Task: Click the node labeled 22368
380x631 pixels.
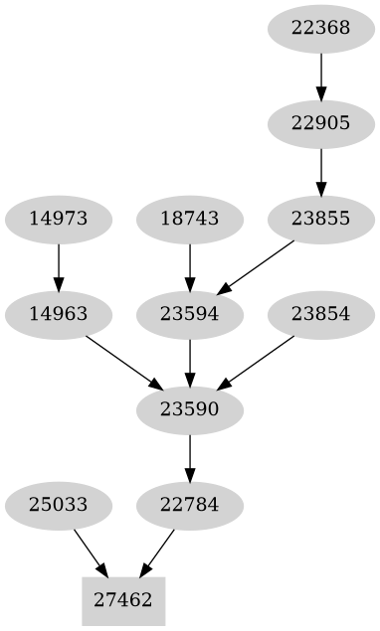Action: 321,28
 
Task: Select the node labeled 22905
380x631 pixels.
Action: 321,123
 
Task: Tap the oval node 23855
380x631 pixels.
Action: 321,219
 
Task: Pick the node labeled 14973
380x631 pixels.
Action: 59,219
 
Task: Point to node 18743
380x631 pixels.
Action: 190,219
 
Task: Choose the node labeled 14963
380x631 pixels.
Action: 59,314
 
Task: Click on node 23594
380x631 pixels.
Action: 190,314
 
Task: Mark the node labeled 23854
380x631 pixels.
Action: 321,314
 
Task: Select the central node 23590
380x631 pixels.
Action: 190,409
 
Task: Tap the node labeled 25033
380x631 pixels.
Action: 59,505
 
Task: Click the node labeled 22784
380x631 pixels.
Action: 190,505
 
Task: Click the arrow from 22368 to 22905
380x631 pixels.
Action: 321,76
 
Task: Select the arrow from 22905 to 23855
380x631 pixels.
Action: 321,171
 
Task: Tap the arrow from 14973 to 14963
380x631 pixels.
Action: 59,266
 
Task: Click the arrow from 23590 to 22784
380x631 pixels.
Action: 190,457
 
